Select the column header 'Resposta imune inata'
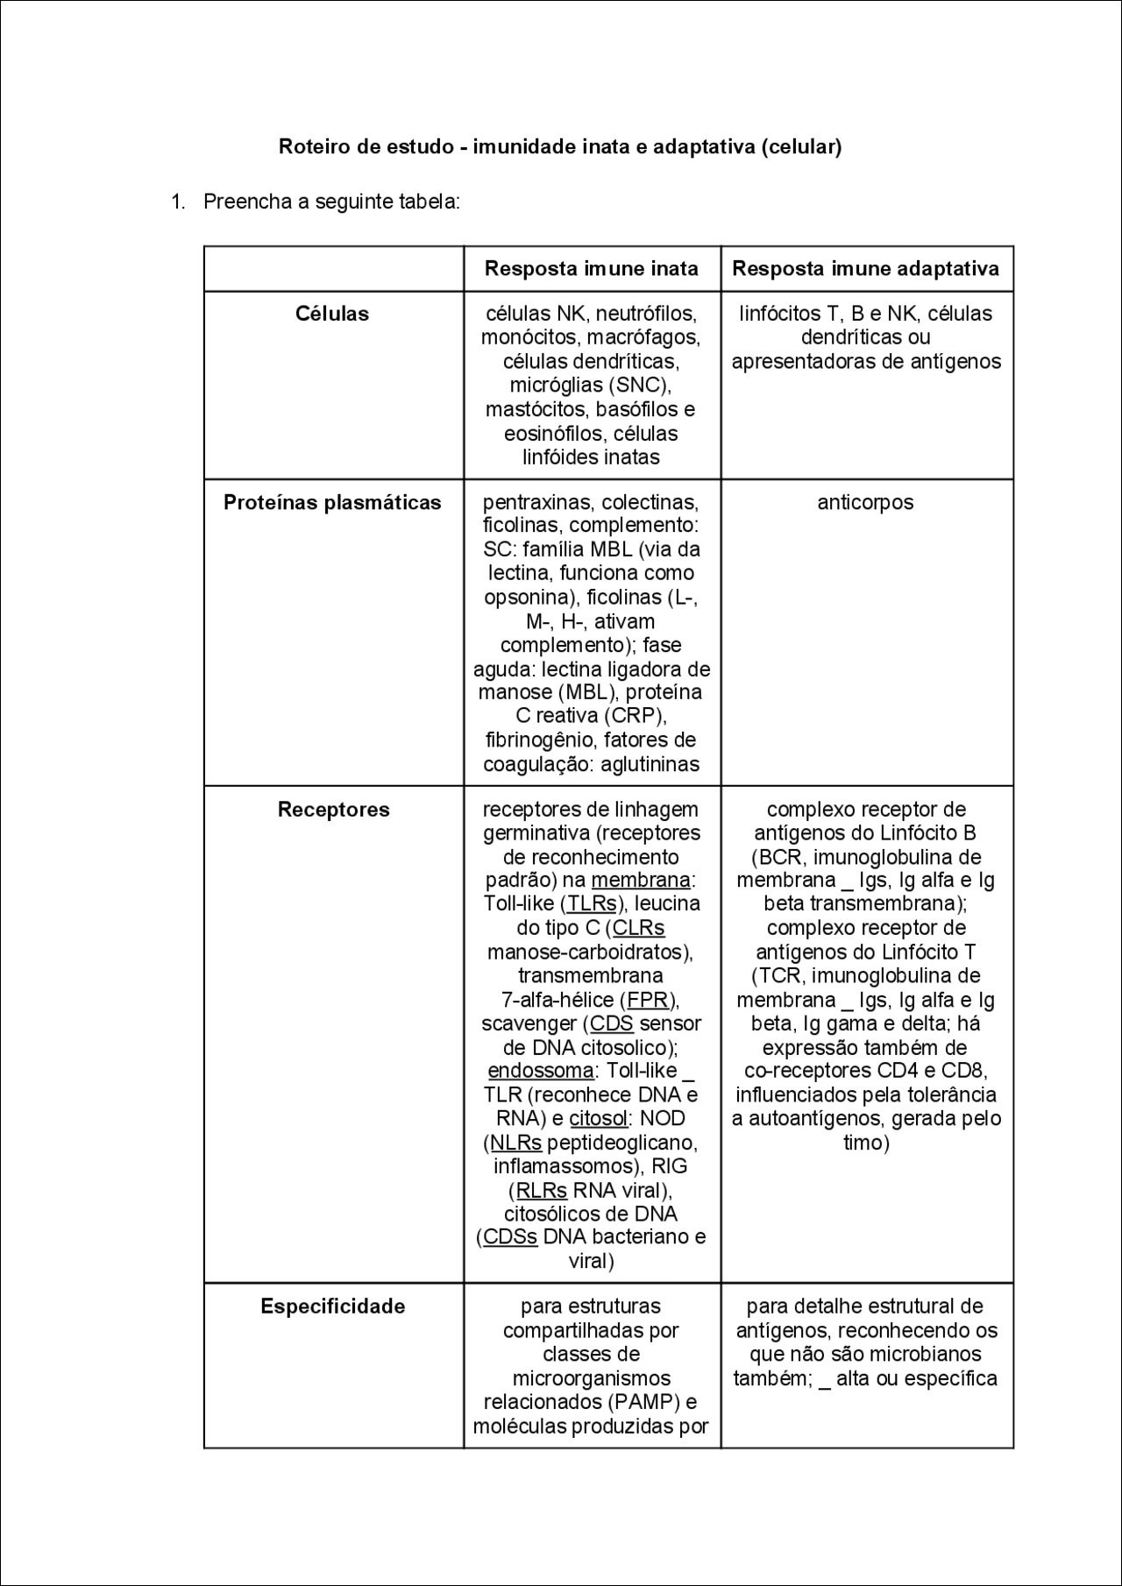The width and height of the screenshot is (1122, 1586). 592,268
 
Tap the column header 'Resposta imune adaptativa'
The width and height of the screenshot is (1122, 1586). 866,268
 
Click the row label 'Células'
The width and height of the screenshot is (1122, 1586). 332,314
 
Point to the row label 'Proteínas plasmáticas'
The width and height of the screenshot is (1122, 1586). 332,502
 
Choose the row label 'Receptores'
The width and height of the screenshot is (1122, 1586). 333,809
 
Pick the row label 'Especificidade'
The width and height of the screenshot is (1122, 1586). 333,1306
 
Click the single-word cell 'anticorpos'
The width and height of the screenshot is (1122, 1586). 866,502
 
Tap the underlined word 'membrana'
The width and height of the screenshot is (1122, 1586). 641,880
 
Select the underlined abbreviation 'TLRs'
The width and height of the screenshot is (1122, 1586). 592,903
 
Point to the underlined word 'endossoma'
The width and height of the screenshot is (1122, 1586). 540,1070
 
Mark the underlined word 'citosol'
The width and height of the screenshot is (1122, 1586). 598,1118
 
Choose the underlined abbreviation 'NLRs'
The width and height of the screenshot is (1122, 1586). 515,1142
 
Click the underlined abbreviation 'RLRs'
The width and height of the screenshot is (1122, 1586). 541,1190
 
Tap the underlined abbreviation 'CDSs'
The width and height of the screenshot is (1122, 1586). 510,1237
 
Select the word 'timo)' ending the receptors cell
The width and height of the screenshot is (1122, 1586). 866,1142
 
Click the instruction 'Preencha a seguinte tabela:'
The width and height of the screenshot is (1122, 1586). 331,202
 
